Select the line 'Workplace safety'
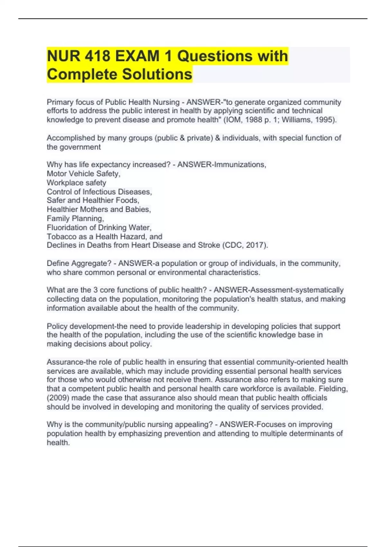tap(76, 183)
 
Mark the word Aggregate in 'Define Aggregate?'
tap(91, 264)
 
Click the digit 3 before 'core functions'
tap(96, 290)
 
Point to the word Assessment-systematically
tap(279, 290)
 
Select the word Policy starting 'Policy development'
tap(57, 326)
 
